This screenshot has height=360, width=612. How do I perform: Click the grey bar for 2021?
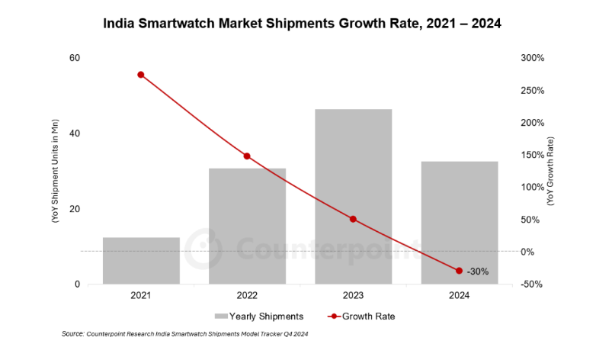pyautogui.click(x=141, y=261)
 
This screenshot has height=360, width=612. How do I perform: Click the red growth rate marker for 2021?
pyautogui.click(x=141, y=75)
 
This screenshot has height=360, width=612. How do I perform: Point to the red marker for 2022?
pyautogui.click(x=247, y=156)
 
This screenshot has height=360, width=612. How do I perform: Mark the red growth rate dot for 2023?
pyautogui.click(x=353, y=219)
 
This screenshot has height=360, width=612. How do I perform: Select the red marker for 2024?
pyautogui.click(x=459, y=271)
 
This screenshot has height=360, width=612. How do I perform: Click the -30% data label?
pyautogui.click(x=478, y=272)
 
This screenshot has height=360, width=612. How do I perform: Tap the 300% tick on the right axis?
pyautogui.click(x=533, y=58)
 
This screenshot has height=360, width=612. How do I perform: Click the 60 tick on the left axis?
pyautogui.click(x=75, y=58)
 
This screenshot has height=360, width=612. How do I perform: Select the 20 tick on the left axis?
pyautogui.click(x=75, y=209)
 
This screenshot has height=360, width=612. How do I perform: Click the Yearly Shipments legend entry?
pyautogui.click(x=259, y=316)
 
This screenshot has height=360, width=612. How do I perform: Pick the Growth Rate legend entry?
pyautogui.click(x=361, y=316)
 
